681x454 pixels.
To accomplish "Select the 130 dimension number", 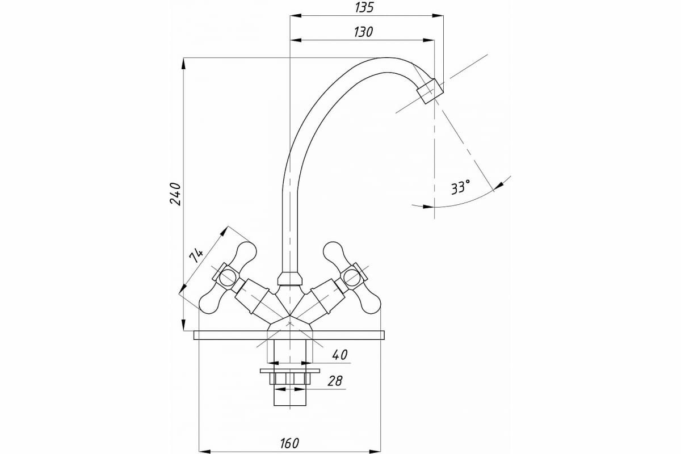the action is click(x=363, y=32).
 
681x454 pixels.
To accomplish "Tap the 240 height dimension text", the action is click(x=175, y=194).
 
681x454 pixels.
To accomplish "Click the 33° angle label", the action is click(x=460, y=187).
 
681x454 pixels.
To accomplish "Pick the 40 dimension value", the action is click(x=339, y=355).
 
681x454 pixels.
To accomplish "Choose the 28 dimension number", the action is click(x=335, y=381).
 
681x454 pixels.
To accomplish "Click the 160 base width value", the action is click(x=289, y=442).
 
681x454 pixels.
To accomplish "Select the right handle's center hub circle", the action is click(x=352, y=277).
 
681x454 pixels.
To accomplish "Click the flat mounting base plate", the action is click(x=289, y=335).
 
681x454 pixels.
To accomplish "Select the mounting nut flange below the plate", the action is click(x=289, y=371).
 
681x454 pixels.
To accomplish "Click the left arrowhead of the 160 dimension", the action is click(x=203, y=451).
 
